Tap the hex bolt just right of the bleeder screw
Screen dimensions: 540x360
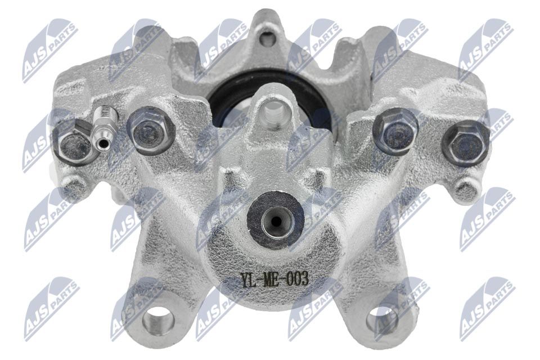coord(151,130)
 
